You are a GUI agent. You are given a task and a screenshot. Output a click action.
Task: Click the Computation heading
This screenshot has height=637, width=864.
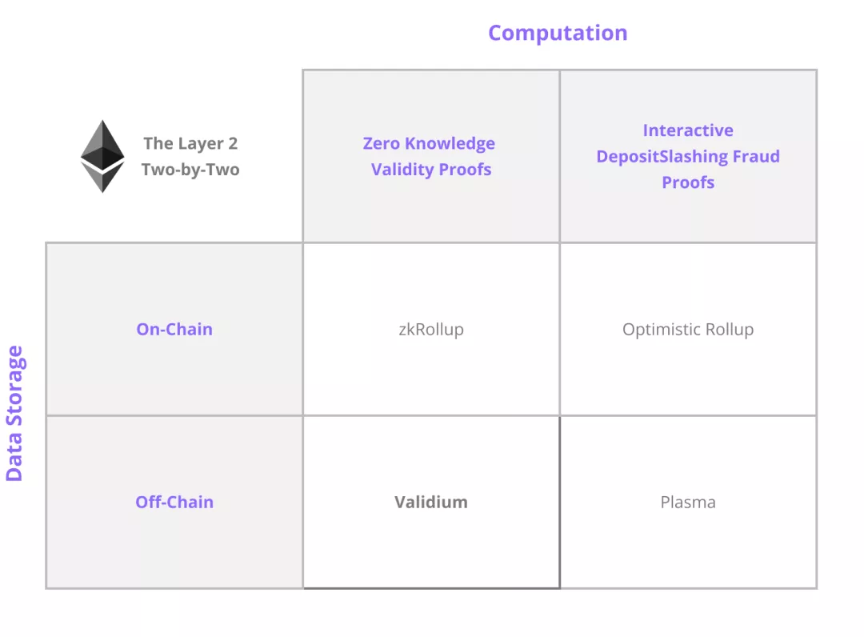(558, 33)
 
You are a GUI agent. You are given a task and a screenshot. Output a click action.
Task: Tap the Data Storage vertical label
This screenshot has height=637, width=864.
(14, 413)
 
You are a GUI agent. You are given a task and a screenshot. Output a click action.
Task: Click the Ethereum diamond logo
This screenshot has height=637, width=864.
(102, 156)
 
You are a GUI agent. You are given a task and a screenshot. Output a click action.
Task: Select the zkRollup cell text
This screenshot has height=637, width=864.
(431, 330)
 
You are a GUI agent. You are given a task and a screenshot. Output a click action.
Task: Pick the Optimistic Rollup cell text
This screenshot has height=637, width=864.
(688, 330)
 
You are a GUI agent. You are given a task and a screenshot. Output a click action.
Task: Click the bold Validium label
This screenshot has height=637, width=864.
(431, 502)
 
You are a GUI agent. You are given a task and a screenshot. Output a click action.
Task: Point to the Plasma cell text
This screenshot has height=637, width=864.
(688, 502)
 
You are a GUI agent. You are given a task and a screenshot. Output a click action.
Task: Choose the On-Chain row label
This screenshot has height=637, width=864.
(174, 329)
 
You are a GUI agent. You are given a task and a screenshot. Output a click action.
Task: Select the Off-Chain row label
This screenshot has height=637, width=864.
(174, 502)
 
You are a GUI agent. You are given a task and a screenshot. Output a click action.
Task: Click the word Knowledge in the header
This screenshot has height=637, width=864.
(450, 144)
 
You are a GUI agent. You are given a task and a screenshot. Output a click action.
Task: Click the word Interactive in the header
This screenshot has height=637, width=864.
(688, 130)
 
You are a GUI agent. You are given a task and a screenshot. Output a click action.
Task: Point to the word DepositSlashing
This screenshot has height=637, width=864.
(662, 157)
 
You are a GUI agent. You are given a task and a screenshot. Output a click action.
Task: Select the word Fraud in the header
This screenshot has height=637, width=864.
(756, 157)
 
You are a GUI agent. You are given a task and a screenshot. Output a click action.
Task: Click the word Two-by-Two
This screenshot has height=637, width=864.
(190, 170)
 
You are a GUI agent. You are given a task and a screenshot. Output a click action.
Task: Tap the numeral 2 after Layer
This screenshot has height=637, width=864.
(233, 143)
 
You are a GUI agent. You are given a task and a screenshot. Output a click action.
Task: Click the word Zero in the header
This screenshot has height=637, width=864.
(382, 143)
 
